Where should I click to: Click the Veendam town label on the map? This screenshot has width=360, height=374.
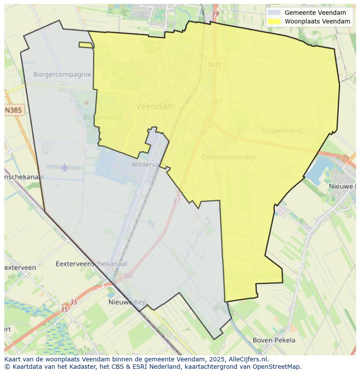[x=155, y=106]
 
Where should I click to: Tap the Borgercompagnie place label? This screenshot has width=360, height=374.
[x=62, y=74]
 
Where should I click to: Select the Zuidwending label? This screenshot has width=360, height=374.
[x=282, y=131]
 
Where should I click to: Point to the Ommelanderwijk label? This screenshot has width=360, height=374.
[x=228, y=157]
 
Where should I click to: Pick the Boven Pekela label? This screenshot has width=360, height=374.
[x=274, y=340]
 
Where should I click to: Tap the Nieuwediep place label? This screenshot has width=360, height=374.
[x=127, y=302]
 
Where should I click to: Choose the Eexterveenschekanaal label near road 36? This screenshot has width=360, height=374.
[x=91, y=264]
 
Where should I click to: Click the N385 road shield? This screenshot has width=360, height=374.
[x=13, y=110]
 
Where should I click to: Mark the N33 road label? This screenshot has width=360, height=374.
[x=215, y=65]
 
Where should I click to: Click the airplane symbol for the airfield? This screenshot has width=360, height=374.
[x=64, y=167]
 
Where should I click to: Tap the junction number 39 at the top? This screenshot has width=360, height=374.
[x=215, y=14]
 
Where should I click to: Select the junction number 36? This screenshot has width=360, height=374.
[x=127, y=276]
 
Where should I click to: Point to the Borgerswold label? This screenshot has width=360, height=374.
[x=102, y=117]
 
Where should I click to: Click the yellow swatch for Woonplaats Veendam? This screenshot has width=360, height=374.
[x=274, y=21]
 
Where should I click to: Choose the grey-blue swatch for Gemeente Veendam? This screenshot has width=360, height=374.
[x=274, y=13]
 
